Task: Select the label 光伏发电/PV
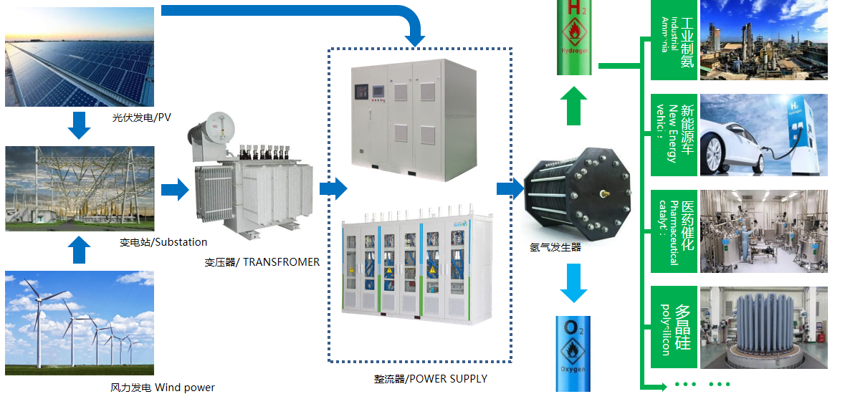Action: coord(142,117)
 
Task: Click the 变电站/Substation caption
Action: coord(163,242)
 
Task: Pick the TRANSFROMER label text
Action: coord(262,262)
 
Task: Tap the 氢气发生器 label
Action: coord(555,248)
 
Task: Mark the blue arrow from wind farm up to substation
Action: coord(79,250)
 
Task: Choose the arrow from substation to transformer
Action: coord(174,190)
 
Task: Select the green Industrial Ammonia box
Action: coord(674,39)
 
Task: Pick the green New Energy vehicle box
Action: coord(674,135)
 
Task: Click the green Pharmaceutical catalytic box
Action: coord(674,231)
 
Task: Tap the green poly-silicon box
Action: coord(674,328)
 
